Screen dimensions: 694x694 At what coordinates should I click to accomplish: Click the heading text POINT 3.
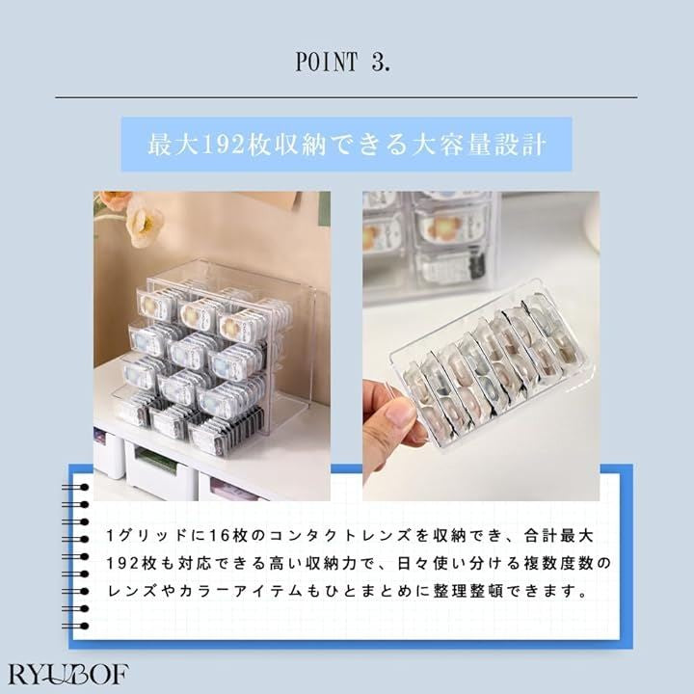point(343,61)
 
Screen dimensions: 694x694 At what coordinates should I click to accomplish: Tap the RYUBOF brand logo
point(68,674)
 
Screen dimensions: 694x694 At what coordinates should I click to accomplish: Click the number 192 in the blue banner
point(223,145)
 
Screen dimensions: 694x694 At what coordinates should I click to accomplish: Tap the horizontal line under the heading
point(346,97)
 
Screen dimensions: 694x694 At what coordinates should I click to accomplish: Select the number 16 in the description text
point(218,536)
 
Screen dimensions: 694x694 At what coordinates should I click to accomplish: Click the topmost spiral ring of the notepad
point(75,488)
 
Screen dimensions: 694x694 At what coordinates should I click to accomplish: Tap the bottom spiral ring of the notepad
point(75,626)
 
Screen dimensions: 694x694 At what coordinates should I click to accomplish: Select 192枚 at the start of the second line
point(131,564)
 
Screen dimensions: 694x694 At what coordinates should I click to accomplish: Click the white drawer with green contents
point(160,467)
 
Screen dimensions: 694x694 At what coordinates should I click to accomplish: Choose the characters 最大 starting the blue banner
point(173,145)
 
